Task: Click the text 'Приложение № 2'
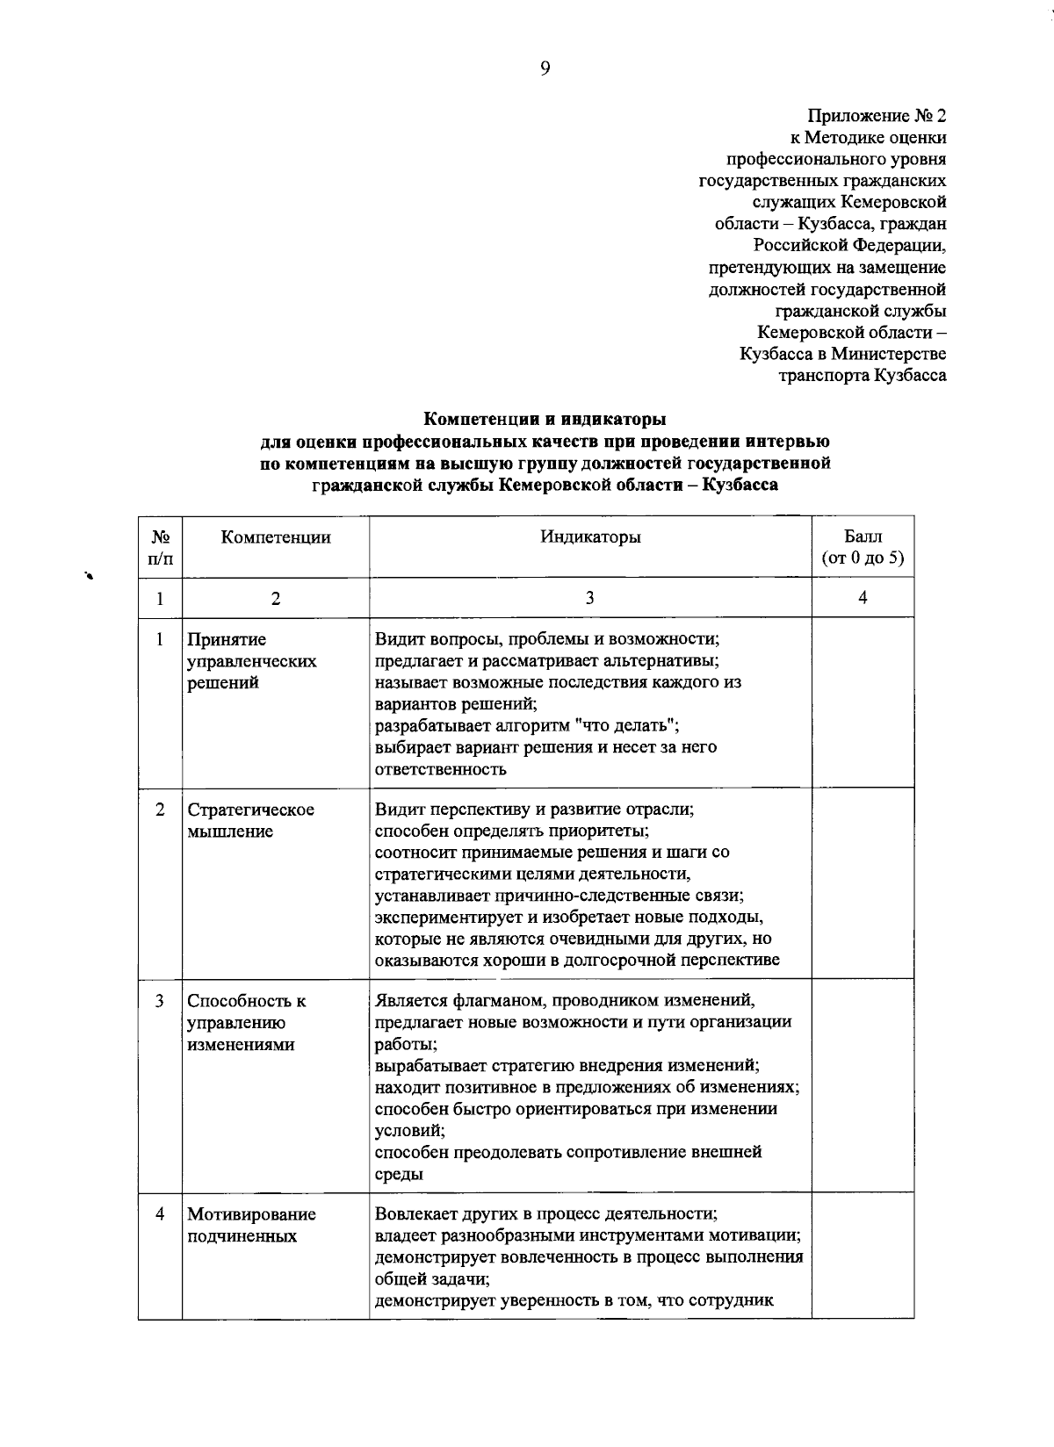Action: (877, 116)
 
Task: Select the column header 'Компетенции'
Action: (275, 537)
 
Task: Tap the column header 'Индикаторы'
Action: (589, 537)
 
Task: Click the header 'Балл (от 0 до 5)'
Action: (863, 547)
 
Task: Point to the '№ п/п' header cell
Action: (160, 547)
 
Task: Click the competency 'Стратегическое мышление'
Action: (250, 820)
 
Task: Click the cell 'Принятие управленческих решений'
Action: (252, 661)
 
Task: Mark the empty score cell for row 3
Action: (863, 1085)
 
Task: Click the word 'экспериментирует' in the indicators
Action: (443, 918)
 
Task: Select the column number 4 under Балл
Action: (863, 598)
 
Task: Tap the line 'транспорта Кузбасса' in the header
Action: (863, 376)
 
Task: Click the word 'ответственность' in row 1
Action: (440, 769)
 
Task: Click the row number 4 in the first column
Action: (160, 1214)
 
